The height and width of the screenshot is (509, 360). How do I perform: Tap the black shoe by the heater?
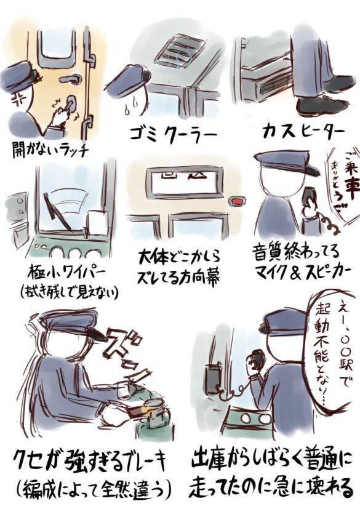pos(326,105)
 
